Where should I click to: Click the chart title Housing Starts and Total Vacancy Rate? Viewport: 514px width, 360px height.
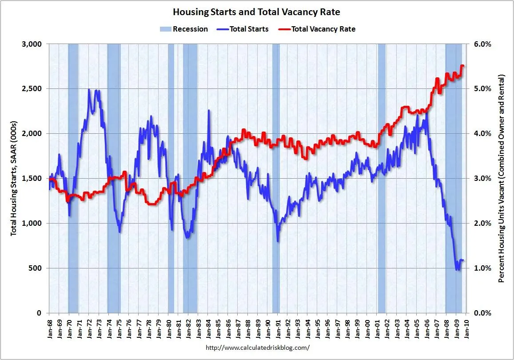pos(256,12)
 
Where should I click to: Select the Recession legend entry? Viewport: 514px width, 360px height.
pos(183,29)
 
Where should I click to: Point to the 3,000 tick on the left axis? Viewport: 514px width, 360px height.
pos(32,44)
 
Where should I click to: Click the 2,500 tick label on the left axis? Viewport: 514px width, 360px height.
pos(32,89)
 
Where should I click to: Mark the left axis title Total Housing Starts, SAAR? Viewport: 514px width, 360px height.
pos(14,178)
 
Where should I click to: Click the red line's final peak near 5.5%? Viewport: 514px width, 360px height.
pos(462,66)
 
